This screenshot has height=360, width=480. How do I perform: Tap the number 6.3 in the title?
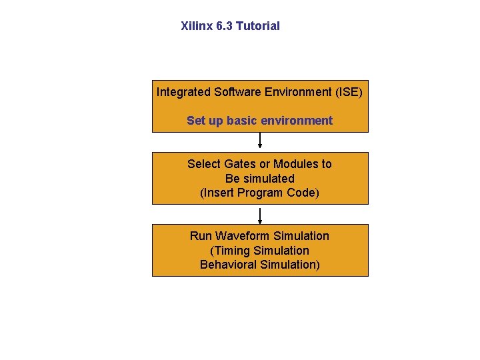click(x=225, y=26)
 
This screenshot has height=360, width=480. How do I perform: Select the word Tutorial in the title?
click(x=258, y=26)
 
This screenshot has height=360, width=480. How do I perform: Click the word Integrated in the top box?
click(x=183, y=92)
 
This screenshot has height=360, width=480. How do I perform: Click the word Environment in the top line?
click(x=300, y=92)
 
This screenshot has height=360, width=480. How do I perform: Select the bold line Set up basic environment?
click(x=259, y=121)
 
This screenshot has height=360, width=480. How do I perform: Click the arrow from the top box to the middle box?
click(x=260, y=141)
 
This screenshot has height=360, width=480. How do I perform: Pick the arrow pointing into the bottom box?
click(x=260, y=215)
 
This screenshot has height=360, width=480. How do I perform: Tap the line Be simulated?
click(x=259, y=179)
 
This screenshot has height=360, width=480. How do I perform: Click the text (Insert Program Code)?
click(x=259, y=193)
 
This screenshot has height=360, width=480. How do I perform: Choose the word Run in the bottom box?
click(x=201, y=236)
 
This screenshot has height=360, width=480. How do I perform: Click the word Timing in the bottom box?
click(x=233, y=251)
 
